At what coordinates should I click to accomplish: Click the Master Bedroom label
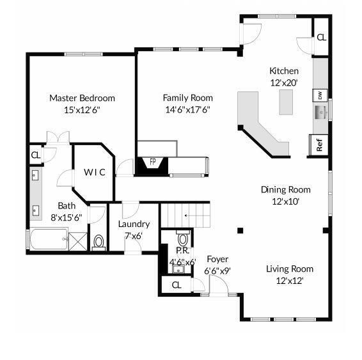pyautogui.click(x=82, y=98)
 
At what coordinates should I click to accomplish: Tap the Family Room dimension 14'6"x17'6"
pyautogui.click(x=187, y=109)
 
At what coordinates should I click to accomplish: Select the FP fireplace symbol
pyautogui.click(x=152, y=162)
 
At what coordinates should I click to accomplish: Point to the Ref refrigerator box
pyautogui.click(x=319, y=145)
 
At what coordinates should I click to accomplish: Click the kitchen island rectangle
pyautogui.click(x=285, y=102)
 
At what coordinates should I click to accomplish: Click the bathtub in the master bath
pyautogui.click(x=46, y=241)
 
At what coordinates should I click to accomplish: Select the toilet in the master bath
pyautogui.click(x=98, y=242)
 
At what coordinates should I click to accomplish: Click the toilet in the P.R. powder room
pyautogui.click(x=182, y=240)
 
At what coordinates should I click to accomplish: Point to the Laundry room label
pyautogui.click(x=134, y=224)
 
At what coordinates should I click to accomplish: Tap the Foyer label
pyautogui.click(x=217, y=259)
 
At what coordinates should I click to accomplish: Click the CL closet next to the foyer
pyautogui.click(x=177, y=285)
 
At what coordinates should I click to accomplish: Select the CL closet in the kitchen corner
pyautogui.click(x=321, y=37)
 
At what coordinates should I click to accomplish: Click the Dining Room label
pyautogui.click(x=285, y=189)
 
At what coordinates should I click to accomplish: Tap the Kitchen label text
pyautogui.click(x=284, y=71)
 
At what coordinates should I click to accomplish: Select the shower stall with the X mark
pyautogui.click(x=78, y=242)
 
